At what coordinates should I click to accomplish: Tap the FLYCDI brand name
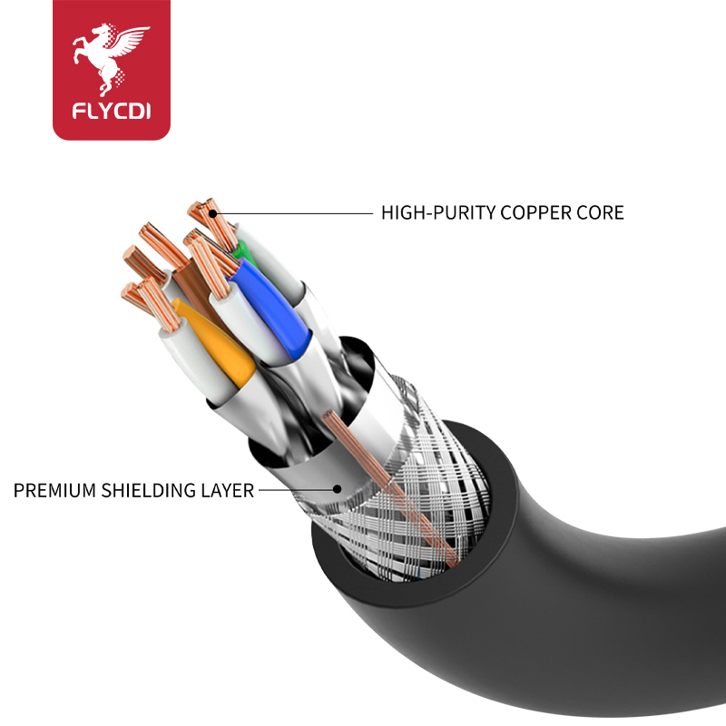tap(112, 113)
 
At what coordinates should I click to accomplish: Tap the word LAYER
tap(227, 491)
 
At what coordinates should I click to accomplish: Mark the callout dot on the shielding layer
tap(337, 490)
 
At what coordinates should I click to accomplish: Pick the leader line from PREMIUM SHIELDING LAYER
tap(295, 490)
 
